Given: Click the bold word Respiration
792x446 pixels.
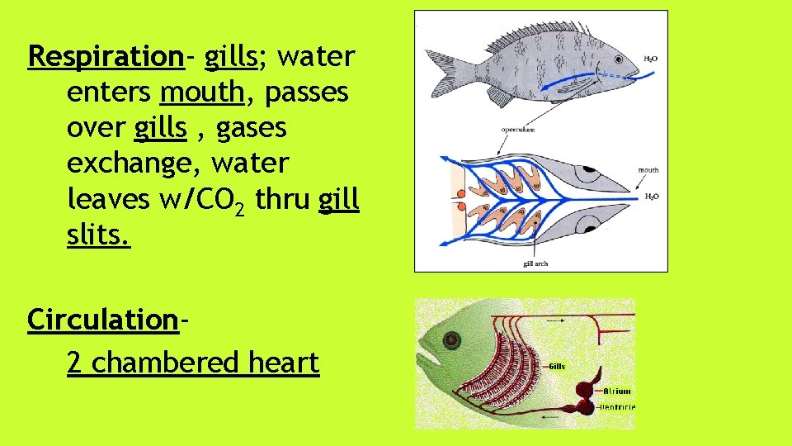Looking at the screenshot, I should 105,58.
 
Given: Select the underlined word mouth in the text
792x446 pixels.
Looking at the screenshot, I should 202,93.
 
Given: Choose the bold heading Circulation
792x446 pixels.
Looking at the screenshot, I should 103,319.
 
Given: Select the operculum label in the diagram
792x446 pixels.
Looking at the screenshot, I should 518,130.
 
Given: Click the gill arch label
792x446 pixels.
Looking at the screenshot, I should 535,263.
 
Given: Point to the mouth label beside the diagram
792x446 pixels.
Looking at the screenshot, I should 648,170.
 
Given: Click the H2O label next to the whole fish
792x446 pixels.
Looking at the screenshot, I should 650,59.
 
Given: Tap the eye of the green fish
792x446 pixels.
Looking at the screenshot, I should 451,339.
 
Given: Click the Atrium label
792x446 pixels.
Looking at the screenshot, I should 617,391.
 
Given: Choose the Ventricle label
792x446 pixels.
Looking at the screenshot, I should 618,406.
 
